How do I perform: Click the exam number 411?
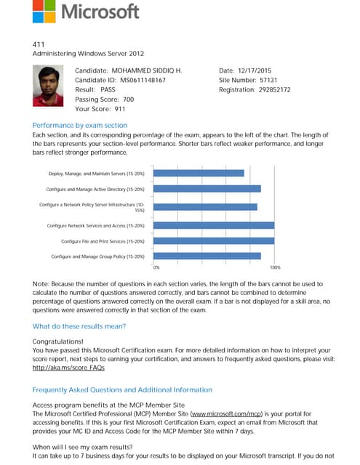(x=39, y=44)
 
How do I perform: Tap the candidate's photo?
(x=49, y=84)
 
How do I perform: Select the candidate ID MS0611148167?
(x=143, y=80)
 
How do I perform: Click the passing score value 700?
(x=128, y=99)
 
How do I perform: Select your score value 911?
(x=119, y=108)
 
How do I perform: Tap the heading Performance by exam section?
(x=80, y=125)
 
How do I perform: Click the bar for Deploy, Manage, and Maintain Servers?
(x=200, y=173)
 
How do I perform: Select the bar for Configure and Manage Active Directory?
(x=208, y=189)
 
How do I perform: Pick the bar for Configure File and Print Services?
(x=215, y=240)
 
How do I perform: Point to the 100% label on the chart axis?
(x=275, y=268)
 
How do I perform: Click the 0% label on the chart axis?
(x=156, y=268)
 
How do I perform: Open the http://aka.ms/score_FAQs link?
(x=65, y=368)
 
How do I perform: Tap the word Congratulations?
(x=58, y=340)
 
